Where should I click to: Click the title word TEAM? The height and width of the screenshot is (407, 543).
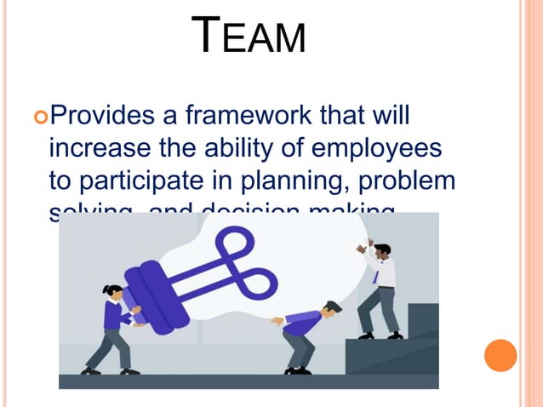point(249,37)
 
